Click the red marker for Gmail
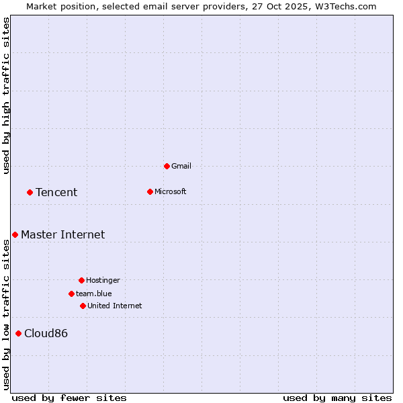click(x=167, y=166)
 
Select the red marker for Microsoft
click(x=150, y=191)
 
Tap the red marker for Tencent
click(x=30, y=192)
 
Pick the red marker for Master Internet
click(x=15, y=234)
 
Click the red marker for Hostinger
click(x=81, y=280)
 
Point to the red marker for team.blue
click(x=71, y=294)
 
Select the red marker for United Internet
click(x=83, y=306)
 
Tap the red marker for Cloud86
click(x=18, y=333)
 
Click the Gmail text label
click(x=181, y=166)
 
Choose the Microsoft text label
click(x=171, y=191)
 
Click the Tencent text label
click(x=56, y=193)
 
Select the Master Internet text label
click(x=63, y=234)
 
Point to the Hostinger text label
click(x=103, y=280)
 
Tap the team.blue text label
click(x=94, y=294)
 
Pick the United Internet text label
click(x=115, y=306)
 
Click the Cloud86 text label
click(x=46, y=334)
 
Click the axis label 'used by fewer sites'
click(x=69, y=398)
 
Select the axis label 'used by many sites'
click(x=337, y=398)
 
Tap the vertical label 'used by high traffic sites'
click(x=6, y=95)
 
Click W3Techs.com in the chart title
click(x=345, y=6)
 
